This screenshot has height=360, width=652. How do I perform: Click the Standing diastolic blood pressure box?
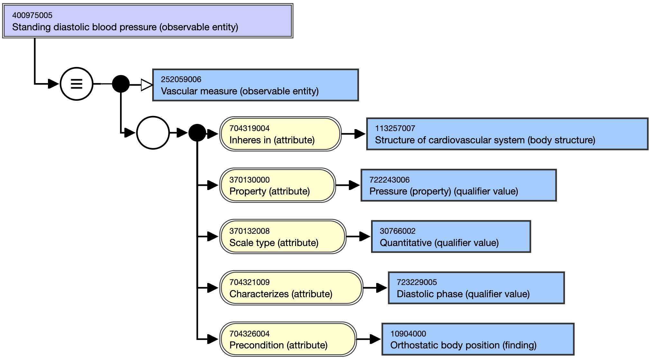(148, 21)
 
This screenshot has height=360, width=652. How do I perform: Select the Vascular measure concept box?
(256, 85)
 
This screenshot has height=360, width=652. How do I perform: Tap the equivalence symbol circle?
(77, 84)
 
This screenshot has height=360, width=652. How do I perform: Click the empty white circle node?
(153, 133)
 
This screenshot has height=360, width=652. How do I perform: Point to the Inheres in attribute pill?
(280, 134)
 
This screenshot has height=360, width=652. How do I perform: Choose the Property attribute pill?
(277, 185)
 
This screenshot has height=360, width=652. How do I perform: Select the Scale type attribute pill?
(283, 237)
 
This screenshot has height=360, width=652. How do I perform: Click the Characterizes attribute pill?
(291, 288)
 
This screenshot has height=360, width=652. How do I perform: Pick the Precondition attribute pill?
(288, 339)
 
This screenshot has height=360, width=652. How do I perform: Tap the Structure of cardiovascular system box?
(507, 134)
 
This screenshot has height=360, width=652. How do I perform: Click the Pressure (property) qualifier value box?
(459, 185)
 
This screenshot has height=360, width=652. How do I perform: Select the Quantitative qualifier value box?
(451, 237)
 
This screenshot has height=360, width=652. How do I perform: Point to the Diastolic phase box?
(476, 288)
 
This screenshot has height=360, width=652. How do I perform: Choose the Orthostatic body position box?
(478, 339)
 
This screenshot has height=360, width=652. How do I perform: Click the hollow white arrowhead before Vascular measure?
(146, 85)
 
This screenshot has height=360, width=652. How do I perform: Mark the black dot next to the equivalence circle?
(121, 84)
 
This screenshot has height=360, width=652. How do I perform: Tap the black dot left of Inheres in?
(197, 133)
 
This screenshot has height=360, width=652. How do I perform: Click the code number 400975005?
(32, 15)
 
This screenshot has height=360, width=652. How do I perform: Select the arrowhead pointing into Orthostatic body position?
(375, 339)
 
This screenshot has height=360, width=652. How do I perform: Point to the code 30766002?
(397, 231)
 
